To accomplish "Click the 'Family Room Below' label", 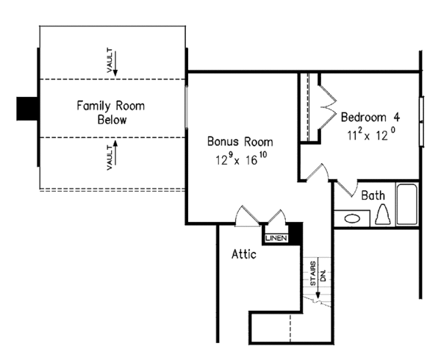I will pos(111,112).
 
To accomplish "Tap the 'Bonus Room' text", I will pos(240,142).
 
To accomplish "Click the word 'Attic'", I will pos(244,255).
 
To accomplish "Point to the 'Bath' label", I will pos(373,195).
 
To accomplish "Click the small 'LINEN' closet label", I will pos(275,237).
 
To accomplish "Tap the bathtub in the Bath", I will pos(407,206).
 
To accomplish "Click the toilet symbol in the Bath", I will pos(382,215).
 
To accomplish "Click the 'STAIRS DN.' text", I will pos(316,273).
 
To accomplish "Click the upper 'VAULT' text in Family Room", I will pos(109,60).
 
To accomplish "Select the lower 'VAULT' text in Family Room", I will pos(109,157).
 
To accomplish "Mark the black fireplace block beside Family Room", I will pos(27,108).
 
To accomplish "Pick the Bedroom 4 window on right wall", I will pos(421,120).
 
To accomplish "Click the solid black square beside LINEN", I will pos(295,231).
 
